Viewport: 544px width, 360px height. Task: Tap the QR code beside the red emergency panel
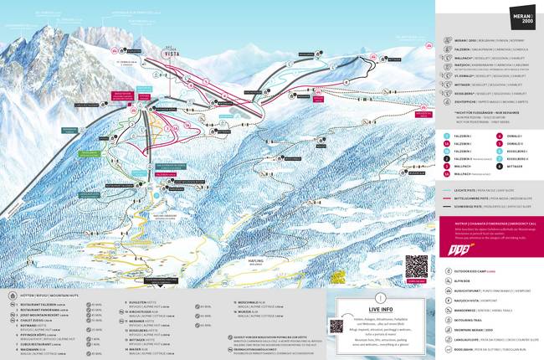click(416, 266)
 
